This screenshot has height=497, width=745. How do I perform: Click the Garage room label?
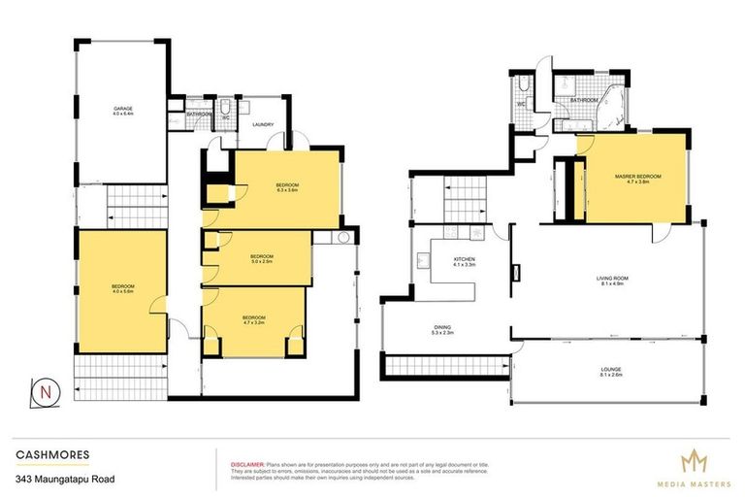click(121, 110)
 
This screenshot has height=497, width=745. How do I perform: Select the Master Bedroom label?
click(637, 178)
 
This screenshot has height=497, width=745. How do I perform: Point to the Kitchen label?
click(464, 261)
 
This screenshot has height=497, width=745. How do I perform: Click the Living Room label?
click(612, 282)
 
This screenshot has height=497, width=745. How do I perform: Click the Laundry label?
click(263, 124)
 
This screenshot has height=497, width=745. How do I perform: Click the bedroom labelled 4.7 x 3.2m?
click(253, 319)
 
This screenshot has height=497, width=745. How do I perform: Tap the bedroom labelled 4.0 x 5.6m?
click(122, 288)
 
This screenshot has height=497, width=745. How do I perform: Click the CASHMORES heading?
click(46, 452)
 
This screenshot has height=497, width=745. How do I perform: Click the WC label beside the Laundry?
click(225, 117)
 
